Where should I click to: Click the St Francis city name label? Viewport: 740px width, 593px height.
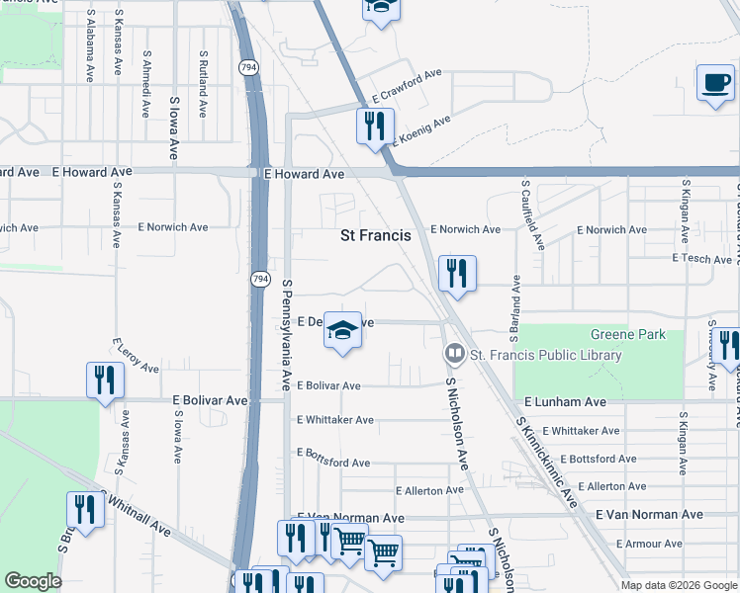(x=376, y=236)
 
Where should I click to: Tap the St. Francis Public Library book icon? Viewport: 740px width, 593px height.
(x=454, y=353)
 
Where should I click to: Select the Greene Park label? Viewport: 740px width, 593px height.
(x=628, y=335)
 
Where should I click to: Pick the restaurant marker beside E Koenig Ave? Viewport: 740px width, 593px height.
(x=375, y=127)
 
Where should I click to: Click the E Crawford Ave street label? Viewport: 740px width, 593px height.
(x=407, y=87)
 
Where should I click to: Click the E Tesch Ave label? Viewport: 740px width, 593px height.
(x=700, y=258)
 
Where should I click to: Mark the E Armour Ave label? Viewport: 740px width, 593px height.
(x=648, y=544)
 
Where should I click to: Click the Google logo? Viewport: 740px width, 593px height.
(x=33, y=581)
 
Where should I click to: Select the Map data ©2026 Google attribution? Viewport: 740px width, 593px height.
(x=679, y=585)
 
